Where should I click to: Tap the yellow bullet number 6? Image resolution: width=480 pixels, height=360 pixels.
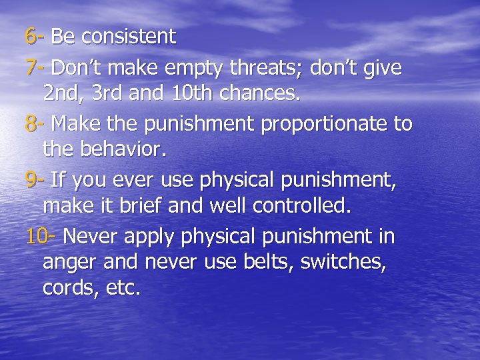31,37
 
